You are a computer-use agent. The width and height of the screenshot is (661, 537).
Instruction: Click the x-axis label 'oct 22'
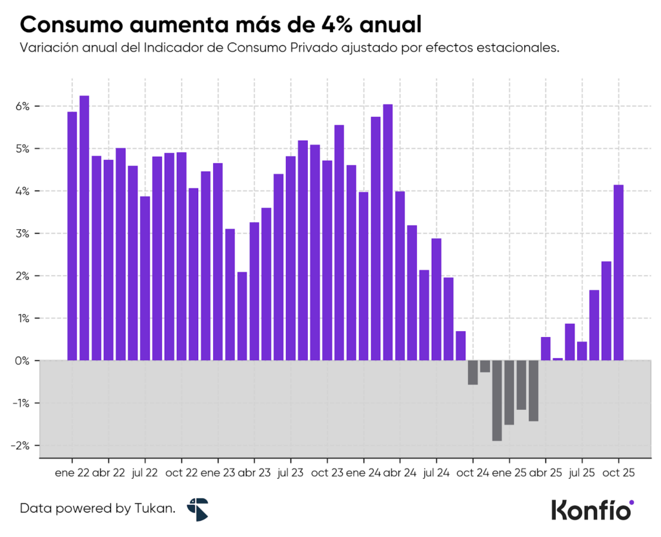coord(181,472)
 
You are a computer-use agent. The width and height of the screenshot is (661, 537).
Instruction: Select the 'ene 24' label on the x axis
coord(363,472)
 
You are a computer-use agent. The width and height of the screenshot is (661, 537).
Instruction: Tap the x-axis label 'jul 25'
coord(582,472)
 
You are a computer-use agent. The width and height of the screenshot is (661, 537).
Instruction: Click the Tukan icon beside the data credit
coord(197,509)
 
